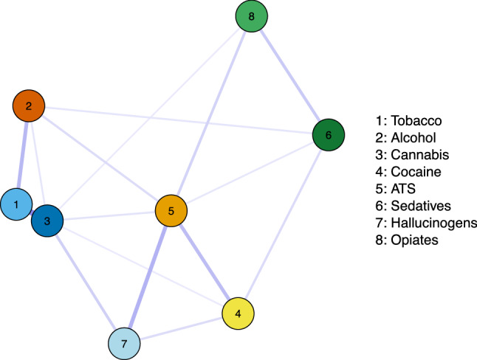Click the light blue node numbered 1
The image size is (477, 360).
coord(16,204)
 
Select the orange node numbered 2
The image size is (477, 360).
coord(29,107)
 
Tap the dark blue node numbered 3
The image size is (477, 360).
coord(47,221)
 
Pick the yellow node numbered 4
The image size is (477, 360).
coord(238,314)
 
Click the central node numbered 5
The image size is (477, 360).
coord(171,212)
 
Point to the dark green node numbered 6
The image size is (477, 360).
coord(328,135)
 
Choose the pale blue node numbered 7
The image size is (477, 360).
coord(124,344)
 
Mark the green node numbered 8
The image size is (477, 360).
coord(252,16)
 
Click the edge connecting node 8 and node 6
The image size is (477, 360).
coord(290,76)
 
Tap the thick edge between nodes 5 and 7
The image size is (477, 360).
coord(148,277)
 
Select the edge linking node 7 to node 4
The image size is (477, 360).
coord(181,329)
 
